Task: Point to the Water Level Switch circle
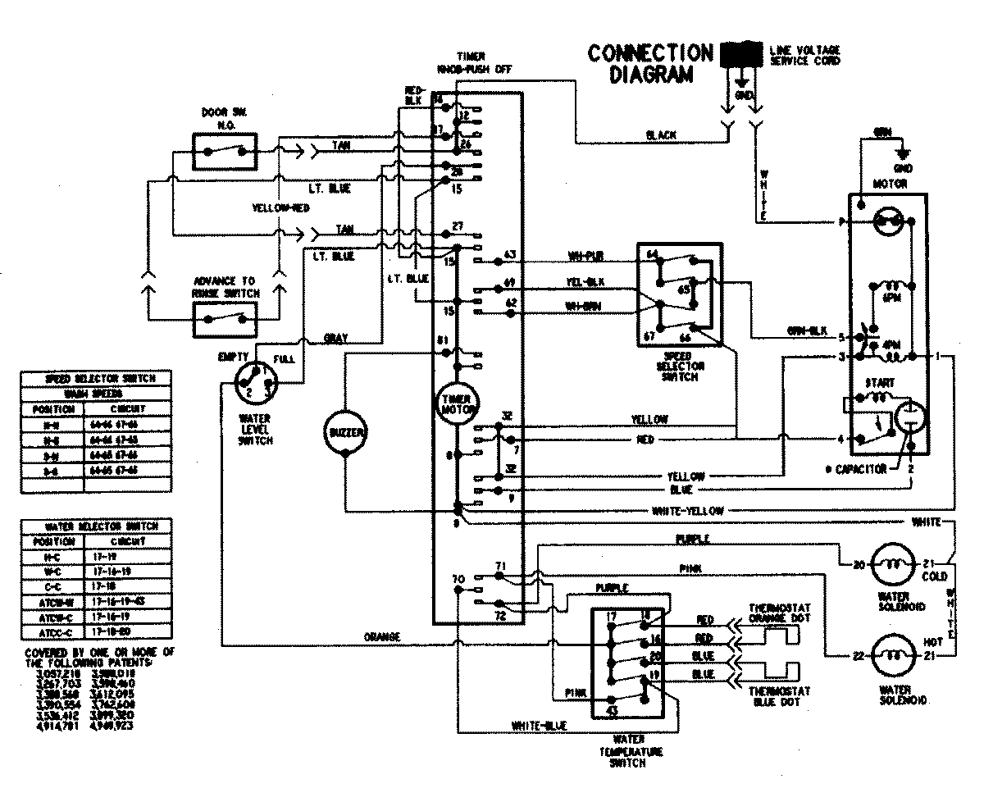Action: pyautogui.click(x=256, y=382)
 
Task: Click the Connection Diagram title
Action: pyautogui.click(x=651, y=64)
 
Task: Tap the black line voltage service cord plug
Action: pyautogui.click(x=741, y=55)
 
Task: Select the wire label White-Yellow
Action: pyautogui.click(x=687, y=510)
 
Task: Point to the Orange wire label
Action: pyautogui.click(x=383, y=636)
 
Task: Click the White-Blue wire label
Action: pyautogui.click(x=538, y=726)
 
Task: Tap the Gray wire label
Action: pyautogui.click(x=335, y=337)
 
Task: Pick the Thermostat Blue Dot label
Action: pyautogui.click(x=780, y=697)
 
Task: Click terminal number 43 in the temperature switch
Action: pyautogui.click(x=611, y=710)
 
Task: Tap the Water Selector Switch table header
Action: pyautogui.click(x=96, y=525)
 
